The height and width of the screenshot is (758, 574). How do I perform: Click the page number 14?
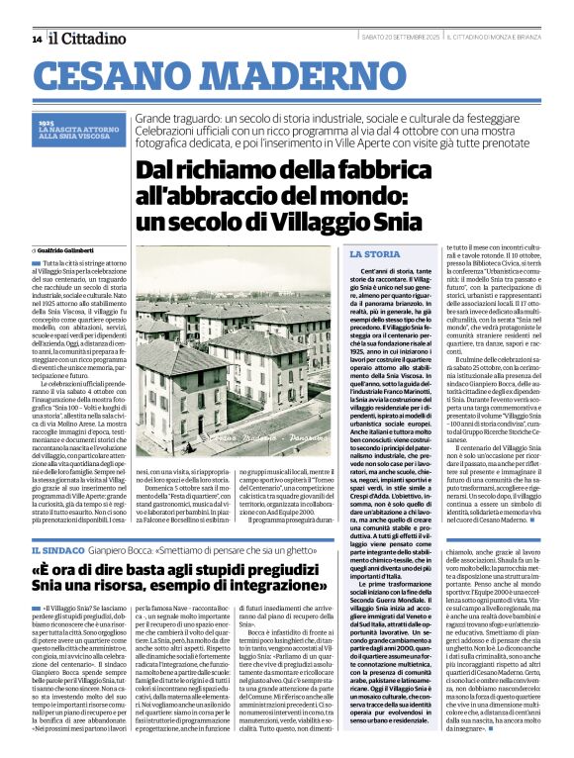coord(37,39)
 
